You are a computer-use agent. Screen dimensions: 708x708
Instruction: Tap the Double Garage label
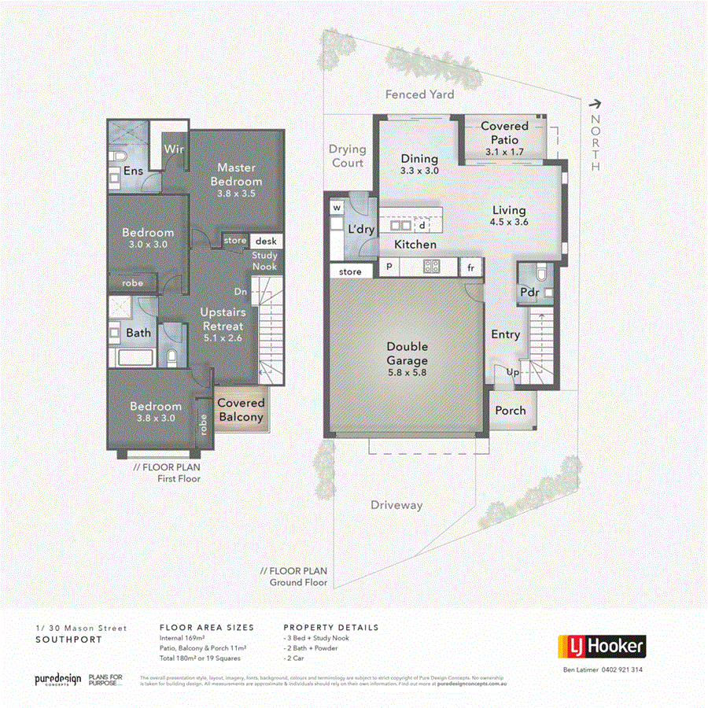pyautogui.click(x=407, y=353)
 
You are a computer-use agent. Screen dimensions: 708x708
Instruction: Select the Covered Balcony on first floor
pyautogui.click(x=241, y=410)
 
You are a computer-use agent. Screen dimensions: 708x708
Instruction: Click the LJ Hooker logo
pyautogui.click(x=602, y=647)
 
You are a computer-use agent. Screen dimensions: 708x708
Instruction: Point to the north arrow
pyautogui.click(x=596, y=102)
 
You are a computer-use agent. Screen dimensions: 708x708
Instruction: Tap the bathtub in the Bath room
pyautogui.click(x=138, y=360)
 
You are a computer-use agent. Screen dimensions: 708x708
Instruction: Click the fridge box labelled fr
pyautogui.click(x=471, y=267)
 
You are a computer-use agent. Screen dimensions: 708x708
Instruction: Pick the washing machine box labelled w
pyautogui.click(x=337, y=208)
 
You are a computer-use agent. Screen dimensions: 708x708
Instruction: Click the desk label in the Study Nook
pyautogui.click(x=262, y=241)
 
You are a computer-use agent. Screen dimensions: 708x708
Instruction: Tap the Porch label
pyautogui.click(x=511, y=411)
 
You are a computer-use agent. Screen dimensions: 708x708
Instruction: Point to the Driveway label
pyautogui.click(x=396, y=505)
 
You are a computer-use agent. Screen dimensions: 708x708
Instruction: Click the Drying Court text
pyautogui.click(x=347, y=155)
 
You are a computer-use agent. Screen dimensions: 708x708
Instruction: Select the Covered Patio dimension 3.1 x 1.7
pyautogui.click(x=504, y=152)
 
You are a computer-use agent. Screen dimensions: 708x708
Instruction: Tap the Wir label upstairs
pyautogui.click(x=173, y=148)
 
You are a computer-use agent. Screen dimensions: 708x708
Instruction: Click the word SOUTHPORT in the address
pyautogui.click(x=68, y=640)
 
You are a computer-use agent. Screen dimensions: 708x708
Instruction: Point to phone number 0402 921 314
pyautogui.click(x=614, y=669)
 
